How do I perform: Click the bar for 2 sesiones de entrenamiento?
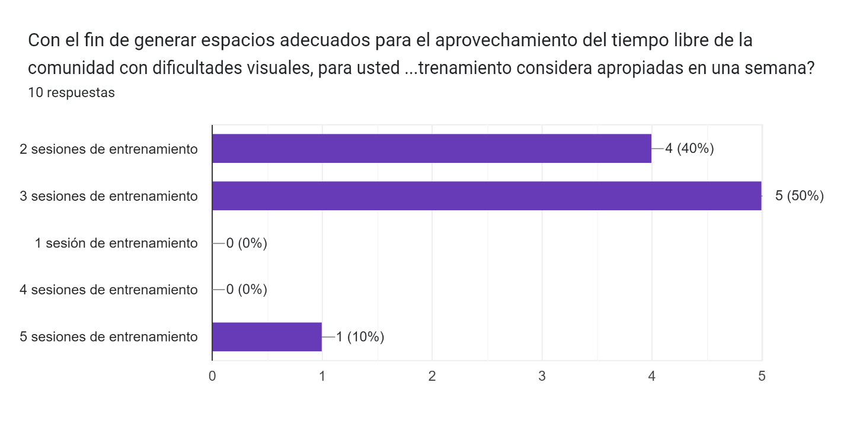coord(432,149)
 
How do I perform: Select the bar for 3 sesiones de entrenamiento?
coord(487,195)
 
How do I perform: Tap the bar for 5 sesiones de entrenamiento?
coord(267,337)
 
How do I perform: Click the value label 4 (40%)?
coord(689,149)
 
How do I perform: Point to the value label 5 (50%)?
coord(800,196)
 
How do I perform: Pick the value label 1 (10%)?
coord(360,338)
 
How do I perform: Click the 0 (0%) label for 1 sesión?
coord(247,243)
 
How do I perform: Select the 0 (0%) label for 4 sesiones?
coord(247,290)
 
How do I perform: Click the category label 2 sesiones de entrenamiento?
coord(108,149)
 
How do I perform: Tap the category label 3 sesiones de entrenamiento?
coord(108,196)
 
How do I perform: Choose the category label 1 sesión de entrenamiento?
coord(116,243)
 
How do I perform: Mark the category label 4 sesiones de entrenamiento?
coord(108,290)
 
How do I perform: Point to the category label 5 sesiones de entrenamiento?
coord(108,337)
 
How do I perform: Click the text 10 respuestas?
coord(71,93)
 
